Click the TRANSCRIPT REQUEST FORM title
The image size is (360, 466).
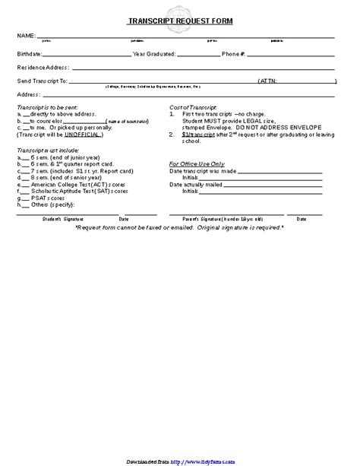pos(179,22)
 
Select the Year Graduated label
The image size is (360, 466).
pos(154,55)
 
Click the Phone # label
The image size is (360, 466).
pos(233,55)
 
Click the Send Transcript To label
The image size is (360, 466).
pos(43,80)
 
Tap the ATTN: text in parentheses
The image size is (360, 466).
pos(270,80)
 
